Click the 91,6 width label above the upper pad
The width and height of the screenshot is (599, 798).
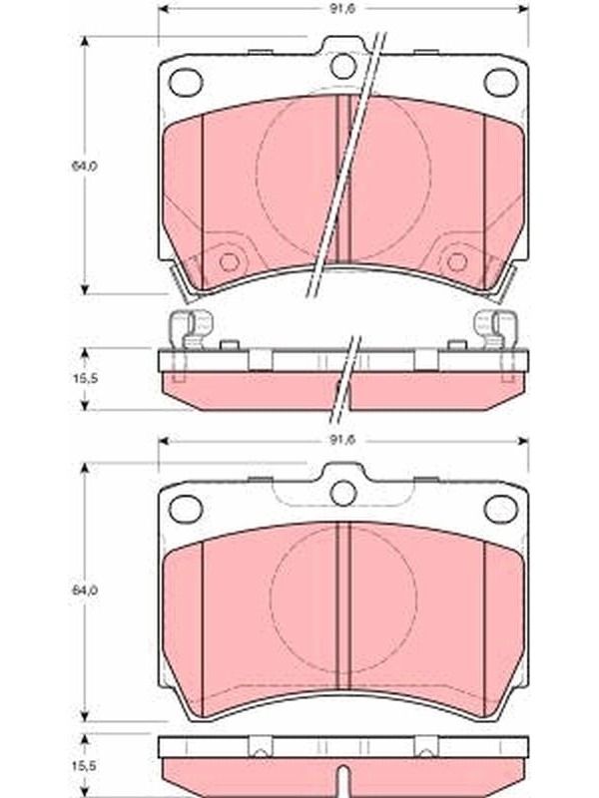click(x=341, y=9)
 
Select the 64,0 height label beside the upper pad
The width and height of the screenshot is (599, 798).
click(x=85, y=166)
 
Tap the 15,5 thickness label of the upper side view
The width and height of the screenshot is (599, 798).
click(x=85, y=379)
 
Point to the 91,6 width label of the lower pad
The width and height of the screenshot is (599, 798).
click(x=341, y=440)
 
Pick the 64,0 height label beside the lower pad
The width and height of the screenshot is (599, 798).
click(x=85, y=591)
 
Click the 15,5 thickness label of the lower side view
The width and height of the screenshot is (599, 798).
click(x=85, y=765)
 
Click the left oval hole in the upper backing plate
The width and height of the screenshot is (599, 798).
click(x=186, y=83)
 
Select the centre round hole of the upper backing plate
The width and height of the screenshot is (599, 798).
click(x=343, y=65)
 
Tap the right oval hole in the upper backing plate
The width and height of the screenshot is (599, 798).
click(x=501, y=83)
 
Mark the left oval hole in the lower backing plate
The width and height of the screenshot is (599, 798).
click(x=186, y=509)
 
